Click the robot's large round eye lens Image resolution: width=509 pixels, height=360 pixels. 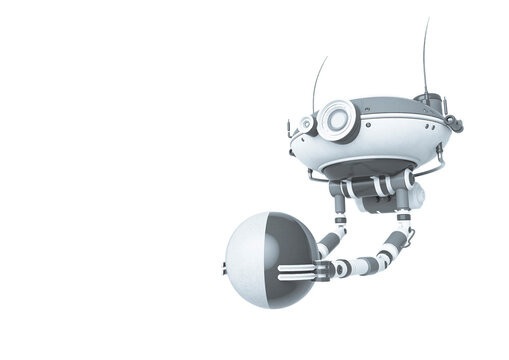337,120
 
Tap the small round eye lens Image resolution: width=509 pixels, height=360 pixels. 308,125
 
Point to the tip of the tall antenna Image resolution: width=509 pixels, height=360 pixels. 427,19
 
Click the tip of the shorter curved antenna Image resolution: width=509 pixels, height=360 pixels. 326,58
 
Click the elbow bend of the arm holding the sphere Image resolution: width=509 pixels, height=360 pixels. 405,240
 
